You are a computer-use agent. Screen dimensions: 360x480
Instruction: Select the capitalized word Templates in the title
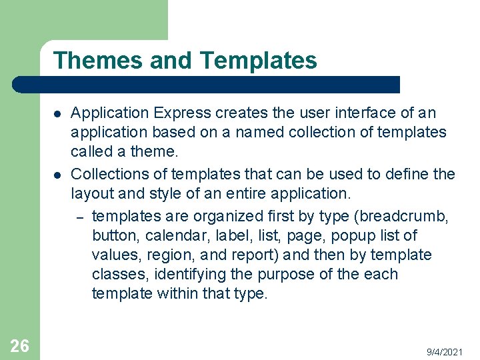(x=258, y=61)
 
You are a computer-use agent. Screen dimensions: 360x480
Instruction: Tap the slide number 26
(x=19, y=345)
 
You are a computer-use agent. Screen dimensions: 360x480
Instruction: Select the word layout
(x=92, y=194)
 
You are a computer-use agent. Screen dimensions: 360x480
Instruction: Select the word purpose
(x=297, y=274)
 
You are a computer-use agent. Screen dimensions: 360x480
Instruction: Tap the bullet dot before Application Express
(x=58, y=114)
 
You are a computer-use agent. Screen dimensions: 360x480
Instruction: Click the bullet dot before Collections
(x=58, y=175)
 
